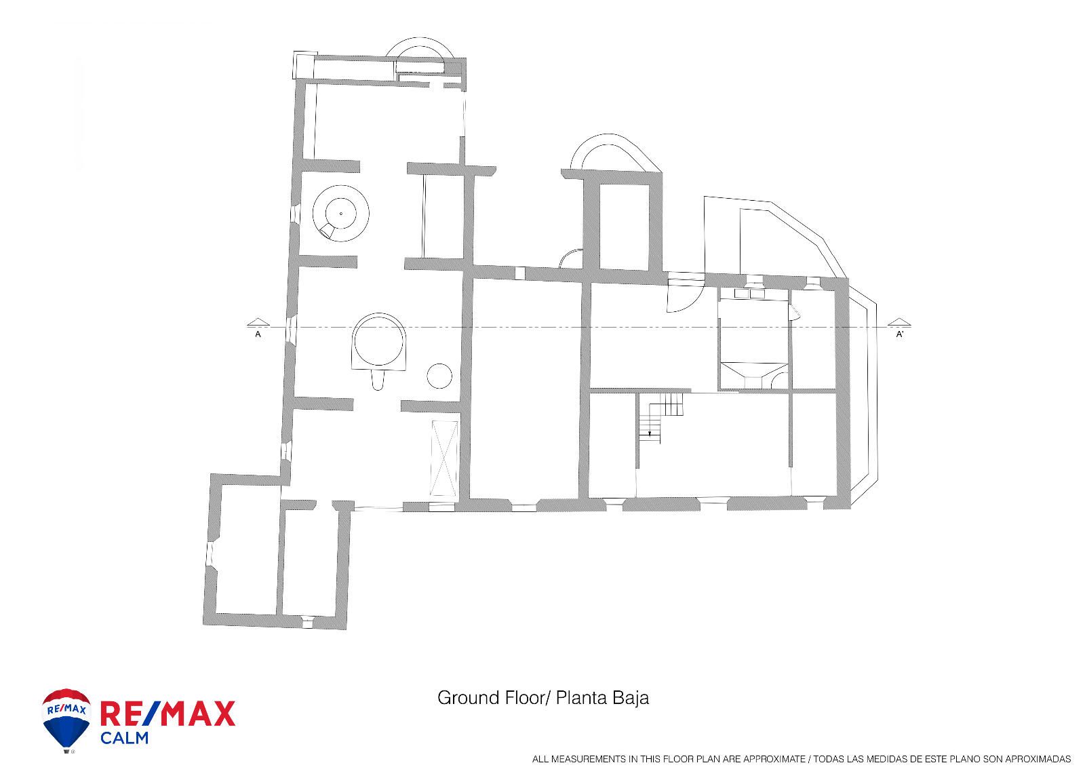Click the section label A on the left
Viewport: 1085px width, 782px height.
(258, 334)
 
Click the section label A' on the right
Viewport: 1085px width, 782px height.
(899, 334)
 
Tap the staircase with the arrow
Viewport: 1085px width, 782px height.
(660, 417)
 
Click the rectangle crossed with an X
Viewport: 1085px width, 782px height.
(444, 458)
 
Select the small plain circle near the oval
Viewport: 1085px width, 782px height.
(439, 376)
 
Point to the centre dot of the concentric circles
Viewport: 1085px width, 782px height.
(341, 213)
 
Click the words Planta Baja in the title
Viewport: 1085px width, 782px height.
(602, 698)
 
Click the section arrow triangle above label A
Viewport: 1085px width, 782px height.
(258, 321)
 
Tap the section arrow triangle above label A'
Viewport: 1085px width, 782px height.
(899, 321)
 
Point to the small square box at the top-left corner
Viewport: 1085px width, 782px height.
(304, 65)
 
